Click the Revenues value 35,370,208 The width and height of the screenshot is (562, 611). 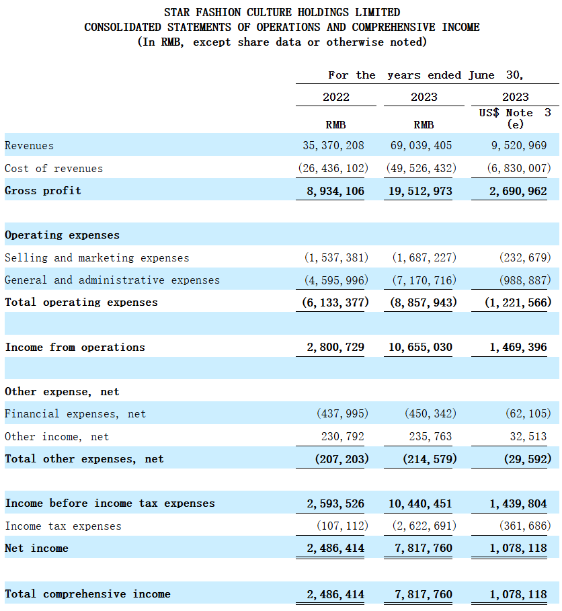coord(333,145)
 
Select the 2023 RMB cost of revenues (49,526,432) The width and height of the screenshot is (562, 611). coord(421,168)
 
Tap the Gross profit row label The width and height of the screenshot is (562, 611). coord(43,190)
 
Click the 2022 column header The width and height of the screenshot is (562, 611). coord(336,97)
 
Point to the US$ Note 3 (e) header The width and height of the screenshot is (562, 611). coord(515,118)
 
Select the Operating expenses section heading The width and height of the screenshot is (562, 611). coord(62,235)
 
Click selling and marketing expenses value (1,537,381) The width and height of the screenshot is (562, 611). coord(336,257)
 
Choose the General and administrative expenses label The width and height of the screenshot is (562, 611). coord(112,280)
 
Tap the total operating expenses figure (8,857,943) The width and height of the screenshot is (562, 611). coord(424,302)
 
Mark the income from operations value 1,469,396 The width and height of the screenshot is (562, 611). coord(518,347)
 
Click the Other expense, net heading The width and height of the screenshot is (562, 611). coord(62,392)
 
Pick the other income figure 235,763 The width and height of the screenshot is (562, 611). coord(430,436)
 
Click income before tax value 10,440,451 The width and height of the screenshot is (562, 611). coord(420,503)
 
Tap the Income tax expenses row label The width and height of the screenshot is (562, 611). coord(63,526)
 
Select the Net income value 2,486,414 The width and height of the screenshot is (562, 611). coord(335,548)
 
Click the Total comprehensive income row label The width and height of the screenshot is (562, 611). coord(87,594)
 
